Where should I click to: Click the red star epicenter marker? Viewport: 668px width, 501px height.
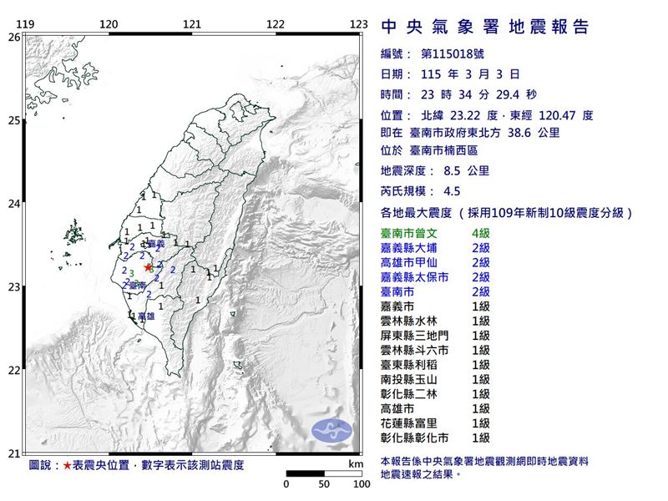[149, 268]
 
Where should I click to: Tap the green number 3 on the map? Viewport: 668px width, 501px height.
[131, 273]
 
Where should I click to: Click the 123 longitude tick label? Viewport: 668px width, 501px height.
[359, 24]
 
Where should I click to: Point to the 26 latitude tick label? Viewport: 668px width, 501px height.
[14, 38]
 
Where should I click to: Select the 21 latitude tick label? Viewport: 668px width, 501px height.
[14, 453]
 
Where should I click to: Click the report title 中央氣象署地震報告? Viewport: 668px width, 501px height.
[485, 27]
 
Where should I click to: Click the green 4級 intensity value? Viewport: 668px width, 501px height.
[482, 232]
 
